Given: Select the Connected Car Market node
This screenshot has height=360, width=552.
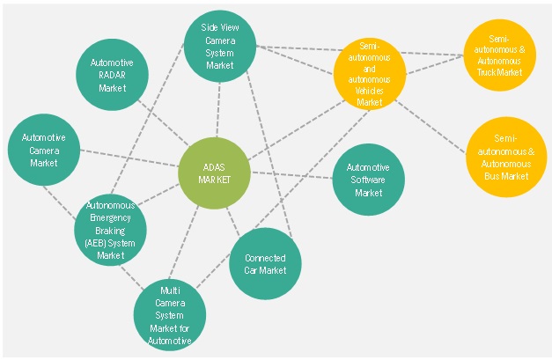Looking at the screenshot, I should pyautogui.click(x=265, y=263).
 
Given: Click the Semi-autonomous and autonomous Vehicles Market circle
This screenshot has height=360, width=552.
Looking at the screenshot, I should pyautogui.click(x=370, y=75).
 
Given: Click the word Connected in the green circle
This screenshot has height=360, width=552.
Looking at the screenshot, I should pyautogui.click(x=265, y=258).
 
